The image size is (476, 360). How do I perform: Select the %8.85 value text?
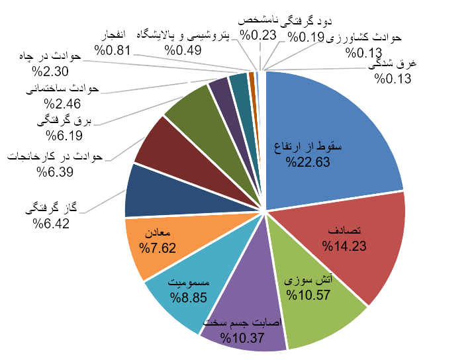tap(190, 297)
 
